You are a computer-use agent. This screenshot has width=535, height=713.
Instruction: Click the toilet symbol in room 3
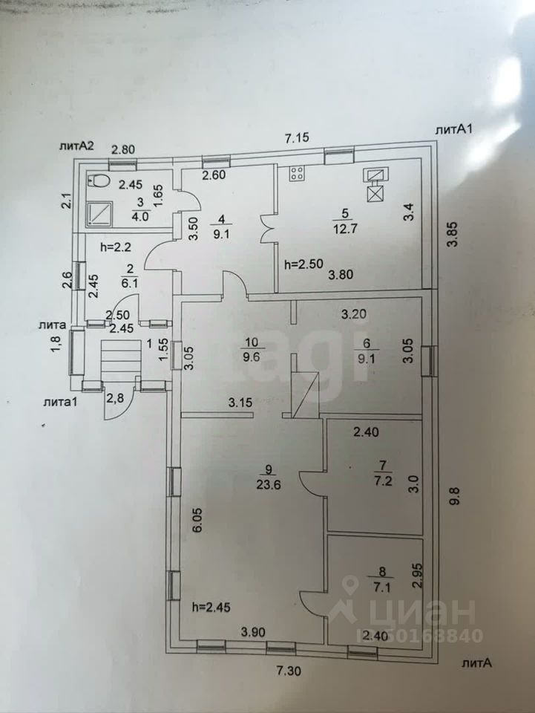99,182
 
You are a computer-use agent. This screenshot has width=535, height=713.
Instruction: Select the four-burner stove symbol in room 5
298,175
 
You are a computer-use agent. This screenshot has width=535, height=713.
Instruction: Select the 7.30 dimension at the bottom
290,671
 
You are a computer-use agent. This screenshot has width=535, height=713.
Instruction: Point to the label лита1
64,402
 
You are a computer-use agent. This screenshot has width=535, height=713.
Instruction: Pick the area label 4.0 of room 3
141,217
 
